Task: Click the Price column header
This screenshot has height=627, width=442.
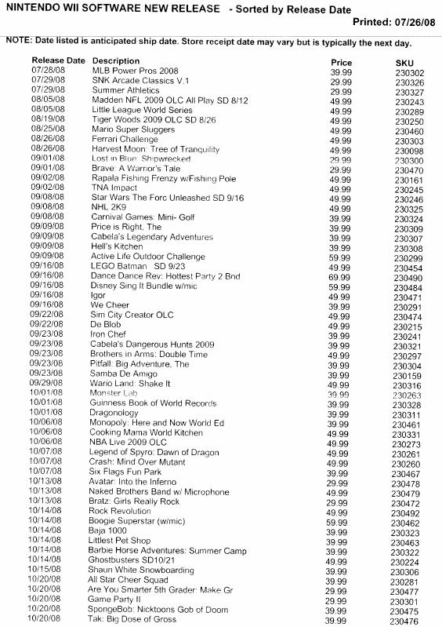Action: click(341, 62)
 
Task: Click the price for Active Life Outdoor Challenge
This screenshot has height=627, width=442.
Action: click(339, 257)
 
